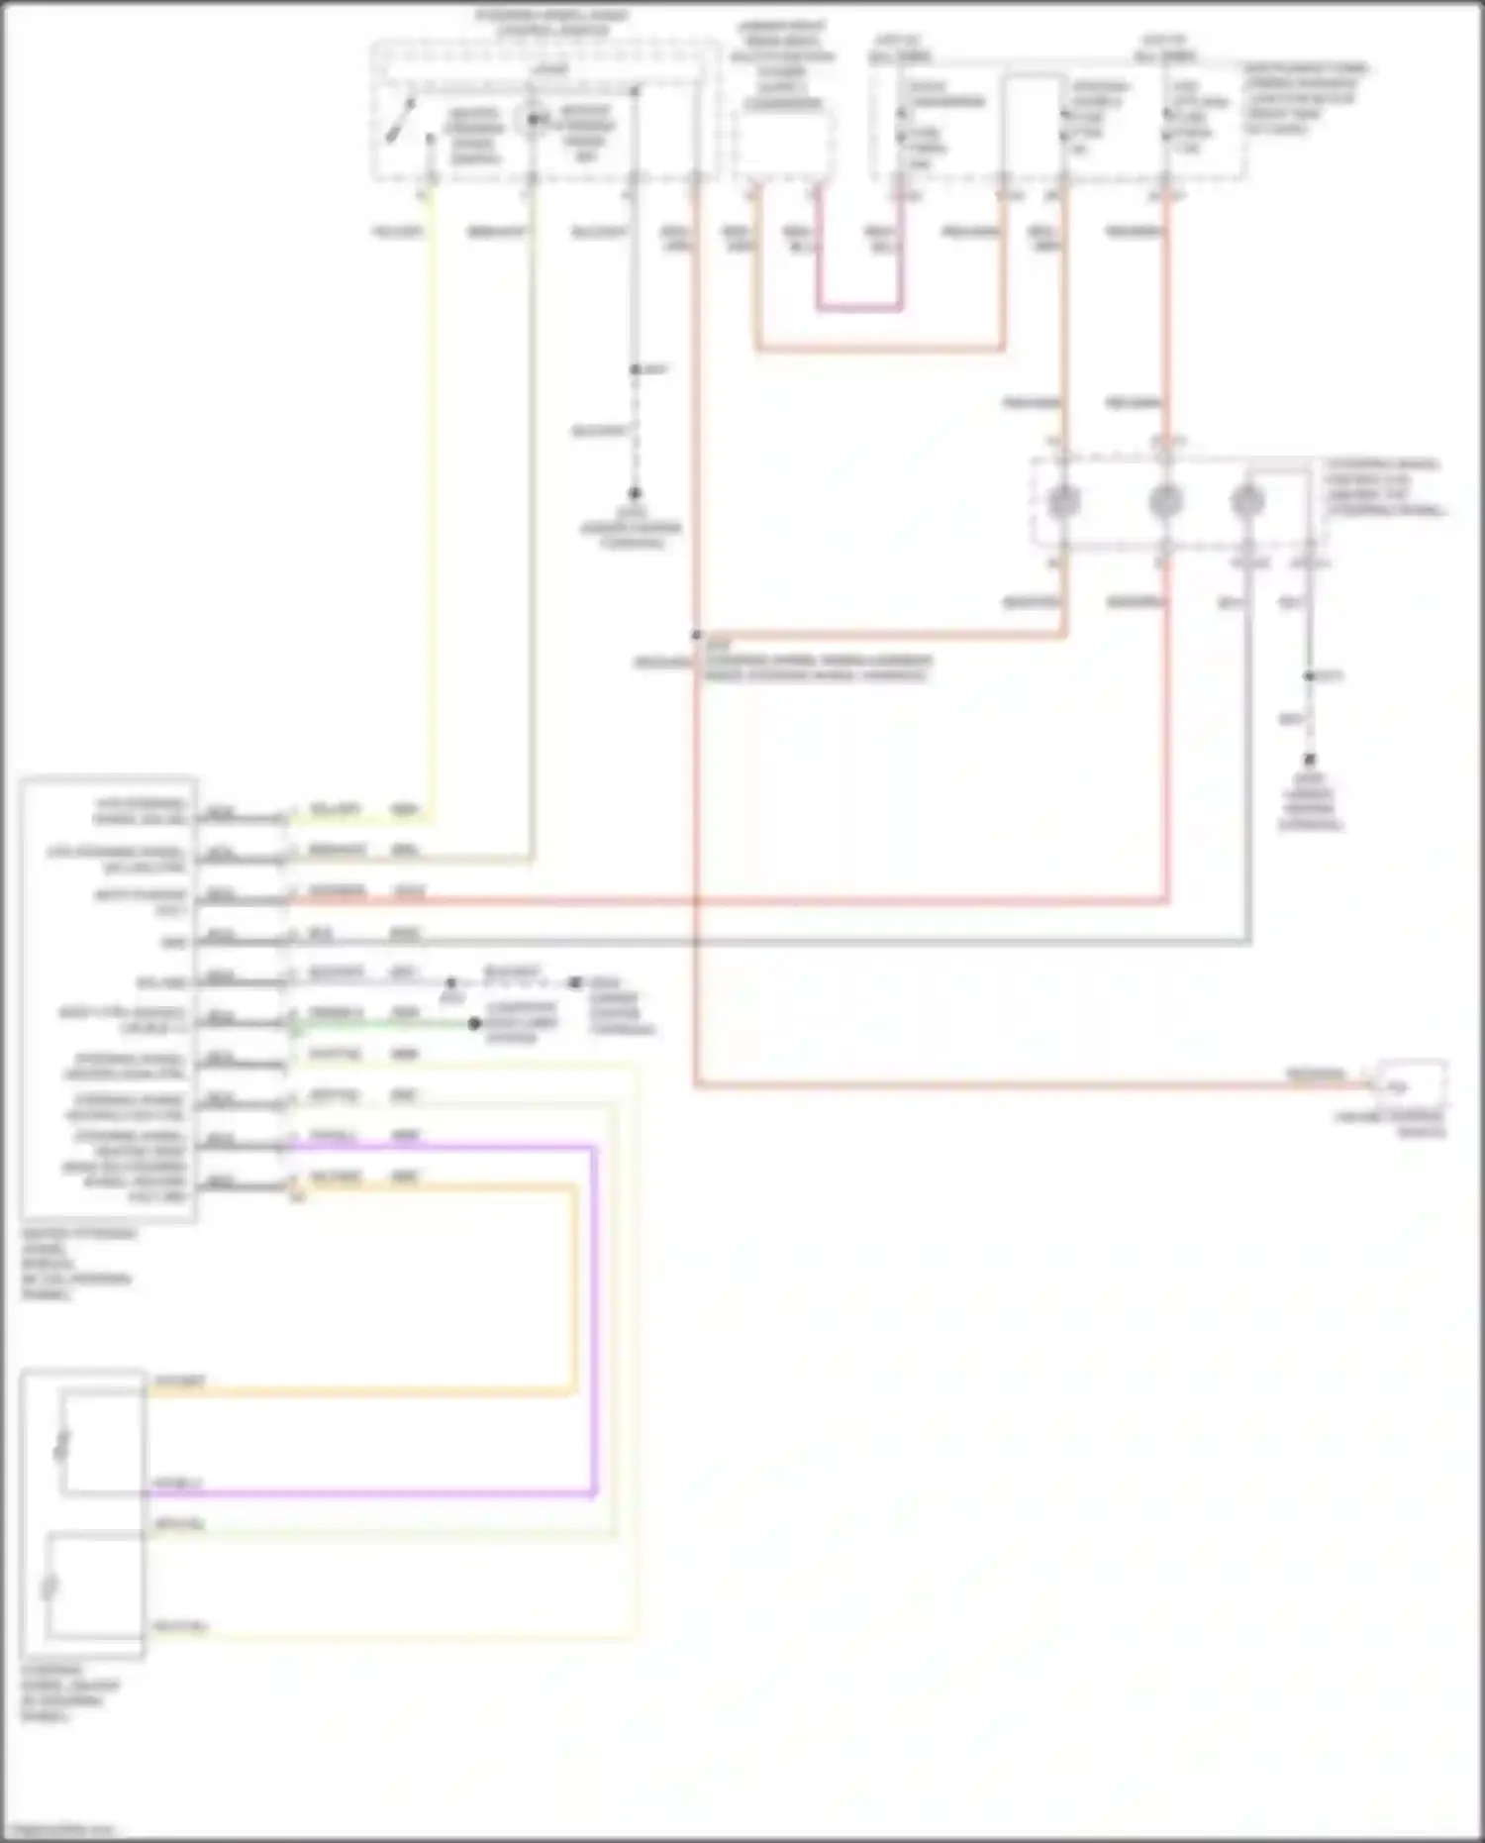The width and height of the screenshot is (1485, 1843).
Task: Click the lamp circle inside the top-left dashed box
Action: click(533, 120)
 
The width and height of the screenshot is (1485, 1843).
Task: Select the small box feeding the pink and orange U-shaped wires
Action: click(782, 145)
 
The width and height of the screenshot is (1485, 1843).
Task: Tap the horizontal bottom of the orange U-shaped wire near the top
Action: click(879, 349)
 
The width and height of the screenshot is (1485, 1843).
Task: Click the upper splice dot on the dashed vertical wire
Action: click(636, 369)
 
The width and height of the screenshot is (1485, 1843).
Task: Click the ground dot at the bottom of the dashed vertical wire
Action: click(635, 492)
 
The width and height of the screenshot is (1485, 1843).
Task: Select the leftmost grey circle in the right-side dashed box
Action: click(1062, 501)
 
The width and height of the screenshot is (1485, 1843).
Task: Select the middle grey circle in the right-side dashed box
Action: click(1165, 501)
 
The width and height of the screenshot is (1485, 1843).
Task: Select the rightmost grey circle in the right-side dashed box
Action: click(1246, 501)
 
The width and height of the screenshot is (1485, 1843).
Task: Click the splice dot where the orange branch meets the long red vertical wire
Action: click(697, 636)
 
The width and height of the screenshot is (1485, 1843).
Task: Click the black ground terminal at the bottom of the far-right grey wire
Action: click(1309, 761)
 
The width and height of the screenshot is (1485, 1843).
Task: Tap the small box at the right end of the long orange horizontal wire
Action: click(1412, 1083)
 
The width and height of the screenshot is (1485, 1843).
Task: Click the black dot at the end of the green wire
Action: click(475, 1024)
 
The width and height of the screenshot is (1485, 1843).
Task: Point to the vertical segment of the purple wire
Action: click(594, 1317)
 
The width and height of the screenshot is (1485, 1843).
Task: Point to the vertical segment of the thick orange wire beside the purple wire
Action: click(574, 1287)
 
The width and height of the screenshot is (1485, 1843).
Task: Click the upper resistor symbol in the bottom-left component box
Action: click(62, 1444)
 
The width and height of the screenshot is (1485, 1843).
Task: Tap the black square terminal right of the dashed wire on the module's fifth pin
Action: click(576, 982)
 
